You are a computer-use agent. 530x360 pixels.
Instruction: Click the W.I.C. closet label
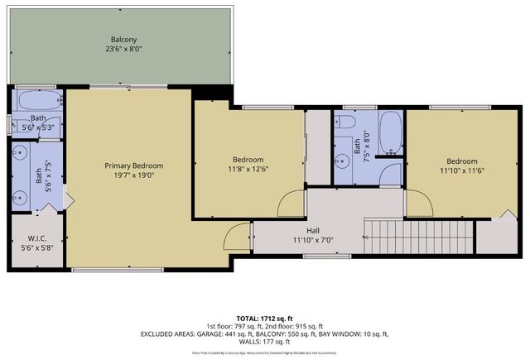[36, 239]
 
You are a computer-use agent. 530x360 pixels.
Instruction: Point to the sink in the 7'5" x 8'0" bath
[342, 158]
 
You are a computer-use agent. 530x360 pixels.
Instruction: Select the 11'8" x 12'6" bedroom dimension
[248, 171]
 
